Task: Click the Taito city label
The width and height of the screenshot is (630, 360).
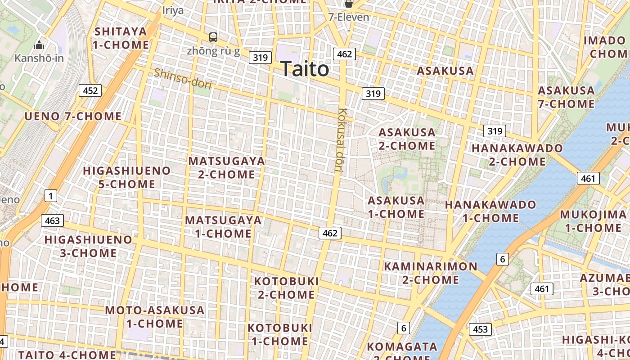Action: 305,69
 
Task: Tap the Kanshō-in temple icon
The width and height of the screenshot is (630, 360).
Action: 39,45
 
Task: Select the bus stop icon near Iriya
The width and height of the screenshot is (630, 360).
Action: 213,37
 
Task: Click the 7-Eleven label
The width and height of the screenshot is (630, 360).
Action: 348,18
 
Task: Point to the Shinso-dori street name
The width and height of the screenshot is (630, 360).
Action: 182,78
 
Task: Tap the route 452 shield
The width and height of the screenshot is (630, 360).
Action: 90,90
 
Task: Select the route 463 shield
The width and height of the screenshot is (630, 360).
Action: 52,220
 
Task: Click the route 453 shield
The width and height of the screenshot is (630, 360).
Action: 480,329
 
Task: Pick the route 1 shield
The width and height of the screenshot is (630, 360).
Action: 51,196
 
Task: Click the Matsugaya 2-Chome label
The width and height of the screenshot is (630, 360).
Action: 226,167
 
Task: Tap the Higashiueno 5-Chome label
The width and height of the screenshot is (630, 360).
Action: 127,177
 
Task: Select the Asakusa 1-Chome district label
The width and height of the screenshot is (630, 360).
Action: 396,207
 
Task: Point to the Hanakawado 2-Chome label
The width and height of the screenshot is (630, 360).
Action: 511,154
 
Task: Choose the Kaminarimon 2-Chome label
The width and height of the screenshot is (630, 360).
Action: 430,273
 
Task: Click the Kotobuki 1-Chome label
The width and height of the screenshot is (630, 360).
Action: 279,334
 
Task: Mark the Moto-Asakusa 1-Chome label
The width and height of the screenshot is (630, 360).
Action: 154,316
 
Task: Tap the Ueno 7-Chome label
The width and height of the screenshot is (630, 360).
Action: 73,117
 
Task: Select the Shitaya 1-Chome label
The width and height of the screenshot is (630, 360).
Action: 121,38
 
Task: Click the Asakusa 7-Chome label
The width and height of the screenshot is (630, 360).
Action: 566,97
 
